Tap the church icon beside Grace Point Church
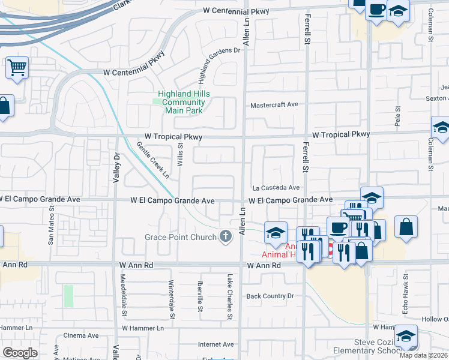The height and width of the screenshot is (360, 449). coord(226,236)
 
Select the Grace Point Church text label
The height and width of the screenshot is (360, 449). coord(180,237)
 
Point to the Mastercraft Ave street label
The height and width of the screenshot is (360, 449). coord(274,104)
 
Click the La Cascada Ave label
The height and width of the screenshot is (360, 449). coord(276,187)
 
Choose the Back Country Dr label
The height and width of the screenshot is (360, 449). coord(270,296)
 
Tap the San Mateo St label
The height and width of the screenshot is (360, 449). coord(51,227)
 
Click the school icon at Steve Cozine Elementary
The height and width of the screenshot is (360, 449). coord(406,337)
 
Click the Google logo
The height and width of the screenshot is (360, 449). coord(20,353)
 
